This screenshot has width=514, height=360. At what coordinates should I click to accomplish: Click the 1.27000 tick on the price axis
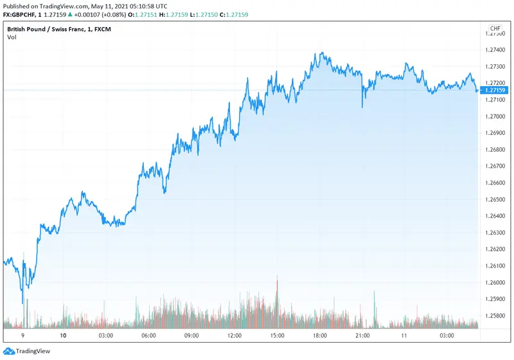pyautogui.click(x=495, y=116)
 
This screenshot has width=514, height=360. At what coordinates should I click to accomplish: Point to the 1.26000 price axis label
pyautogui.click(x=495, y=283)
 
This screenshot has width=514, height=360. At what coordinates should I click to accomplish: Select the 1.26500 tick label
pyautogui.click(x=495, y=199)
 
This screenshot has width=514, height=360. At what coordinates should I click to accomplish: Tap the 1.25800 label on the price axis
pyautogui.click(x=495, y=316)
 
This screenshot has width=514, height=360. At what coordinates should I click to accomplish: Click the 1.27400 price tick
pyautogui.click(x=495, y=50)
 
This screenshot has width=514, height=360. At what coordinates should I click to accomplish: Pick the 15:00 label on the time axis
pyautogui.click(x=277, y=336)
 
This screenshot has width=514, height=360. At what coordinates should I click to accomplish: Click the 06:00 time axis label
pyautogui.click(x=148, y=336)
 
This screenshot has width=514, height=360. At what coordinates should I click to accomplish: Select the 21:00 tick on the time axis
pyautogui.click(x=362, y=336)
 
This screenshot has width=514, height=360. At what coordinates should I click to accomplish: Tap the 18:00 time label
pyautogui.click(x=319, y=336)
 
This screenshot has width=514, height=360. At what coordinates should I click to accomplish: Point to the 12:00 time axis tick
pyautogui.click(x=234, y=336)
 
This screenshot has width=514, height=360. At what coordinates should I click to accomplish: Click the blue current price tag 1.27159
pyautogui.click(x=495, y=91)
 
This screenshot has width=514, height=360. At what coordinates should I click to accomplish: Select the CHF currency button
pyautogui.click(x=495, y=29)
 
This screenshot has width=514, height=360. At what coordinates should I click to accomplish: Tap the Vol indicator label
pyautogui.click(x=12, y=37)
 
